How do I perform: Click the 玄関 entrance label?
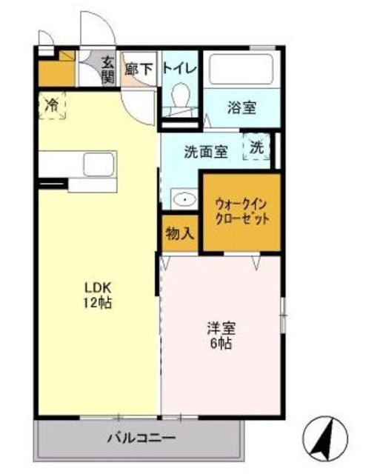(108, 69)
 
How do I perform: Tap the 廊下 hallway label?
(138, 69)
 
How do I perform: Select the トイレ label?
(179, 69)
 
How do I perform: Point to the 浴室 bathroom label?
(242, 107)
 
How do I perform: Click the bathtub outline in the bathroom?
(241, 70)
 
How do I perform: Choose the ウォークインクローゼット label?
(241, 210)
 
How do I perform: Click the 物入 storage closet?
(179, 233)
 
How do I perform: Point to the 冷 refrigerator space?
(52, 104)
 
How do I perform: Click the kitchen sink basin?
(97, 164)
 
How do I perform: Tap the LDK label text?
(96, 288)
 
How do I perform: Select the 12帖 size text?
(96, 303)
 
